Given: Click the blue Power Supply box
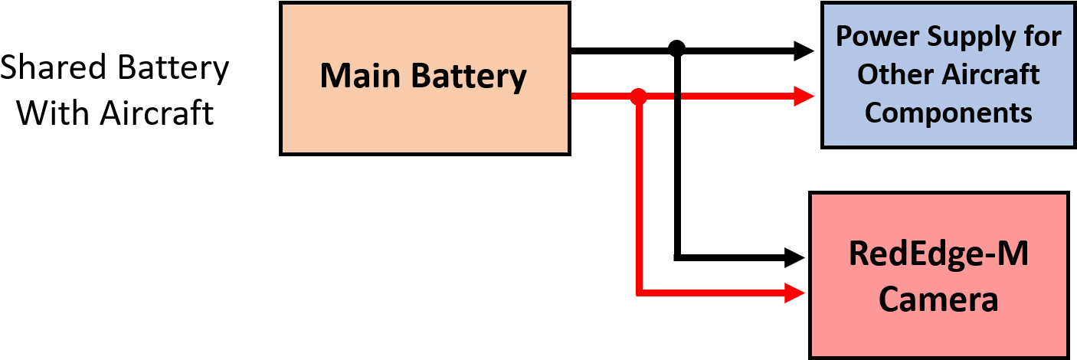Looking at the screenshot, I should click(948, 74).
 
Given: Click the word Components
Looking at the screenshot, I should click(948, 113).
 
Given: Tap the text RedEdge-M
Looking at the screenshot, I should click(938, 254).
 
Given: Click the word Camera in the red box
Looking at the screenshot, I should click(938, 299).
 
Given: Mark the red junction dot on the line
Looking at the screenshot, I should click(638, 97).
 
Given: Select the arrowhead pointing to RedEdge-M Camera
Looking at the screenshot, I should click(795, 293).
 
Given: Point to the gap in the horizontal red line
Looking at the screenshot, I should click(677, 97).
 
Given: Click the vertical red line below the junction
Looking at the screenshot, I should click(638, 199).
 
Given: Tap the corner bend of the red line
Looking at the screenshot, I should click(639, 293).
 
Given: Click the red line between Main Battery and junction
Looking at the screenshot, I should click(601, 97).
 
